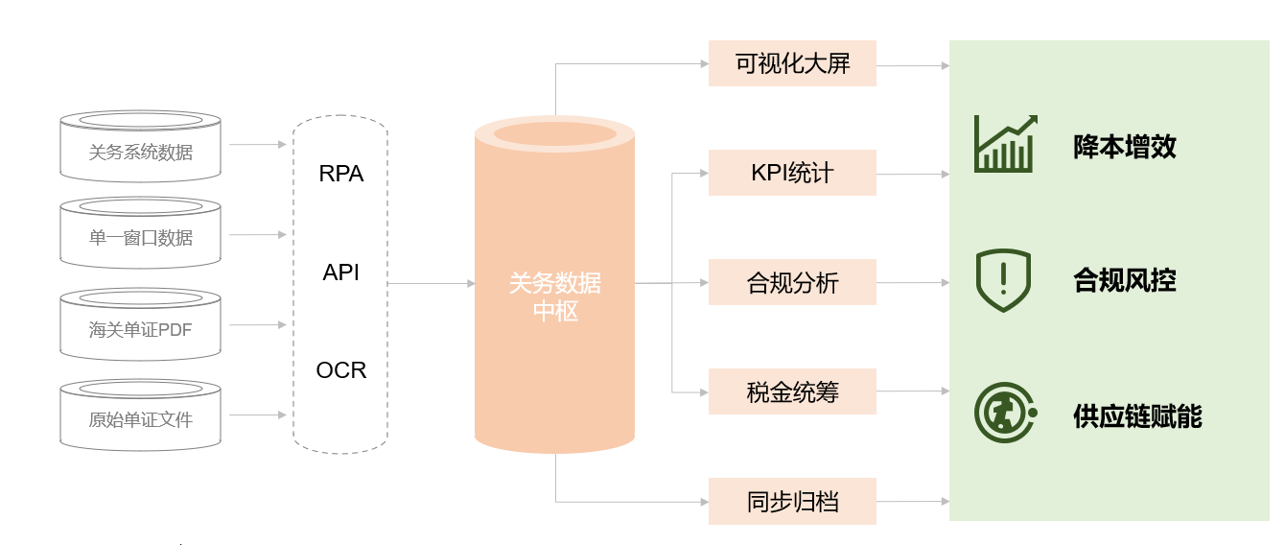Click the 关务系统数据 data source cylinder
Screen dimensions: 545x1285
pos(140,150)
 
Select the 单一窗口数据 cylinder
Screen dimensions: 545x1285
pos(140,236)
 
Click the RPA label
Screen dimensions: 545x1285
pos(341,175)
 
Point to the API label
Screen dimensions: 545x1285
pos(341,272)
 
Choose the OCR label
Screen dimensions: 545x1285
pos(341,370)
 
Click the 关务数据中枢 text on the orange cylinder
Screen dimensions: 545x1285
pos(555,296)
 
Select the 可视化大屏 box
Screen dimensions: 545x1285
pos(792,63)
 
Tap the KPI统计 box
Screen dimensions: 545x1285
pos(792,173)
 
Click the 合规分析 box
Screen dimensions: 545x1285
pos(792,282)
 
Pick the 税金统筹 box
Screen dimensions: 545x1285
pos(792,391)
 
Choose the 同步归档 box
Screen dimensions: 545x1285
pos(792,501)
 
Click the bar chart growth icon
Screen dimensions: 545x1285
pos(1004,144)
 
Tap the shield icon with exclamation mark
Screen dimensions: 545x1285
pos(1003,279)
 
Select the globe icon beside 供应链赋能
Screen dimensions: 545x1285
pos(1004,414)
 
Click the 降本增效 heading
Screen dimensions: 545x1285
pos(1124,147)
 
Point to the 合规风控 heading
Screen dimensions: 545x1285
pos(1124,280)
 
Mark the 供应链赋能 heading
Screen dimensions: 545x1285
pos(1137,416)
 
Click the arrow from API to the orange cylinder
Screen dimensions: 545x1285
pos(432,283)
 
